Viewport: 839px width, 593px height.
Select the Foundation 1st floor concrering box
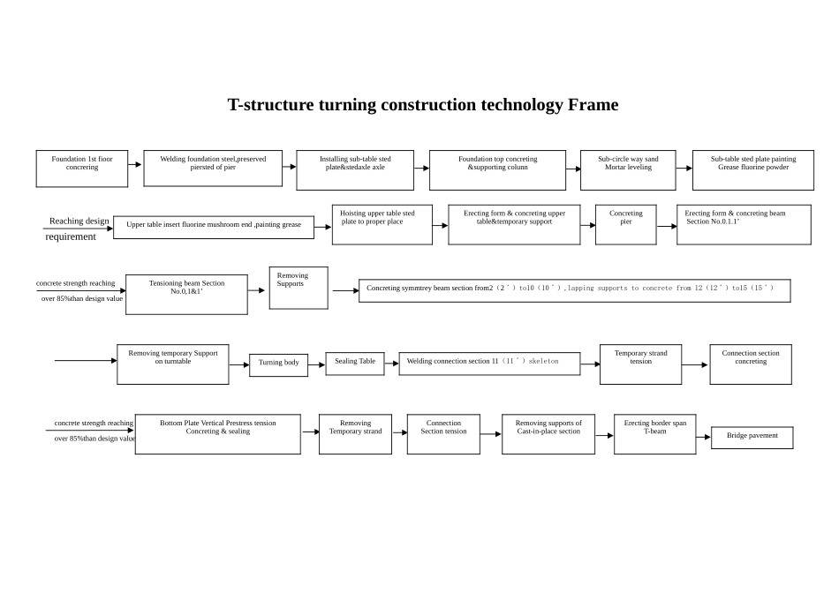(x=82, y=169)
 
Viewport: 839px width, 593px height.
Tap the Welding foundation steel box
(x=213, y=168)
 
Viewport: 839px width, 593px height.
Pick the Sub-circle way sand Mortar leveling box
(x=628, y=169)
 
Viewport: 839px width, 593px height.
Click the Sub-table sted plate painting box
(x=752, y=169)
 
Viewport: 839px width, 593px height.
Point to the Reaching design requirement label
(x=79, y=229)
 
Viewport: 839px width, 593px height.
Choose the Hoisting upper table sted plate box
(x=382, y=224)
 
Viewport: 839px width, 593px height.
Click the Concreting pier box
(x=625, y=224)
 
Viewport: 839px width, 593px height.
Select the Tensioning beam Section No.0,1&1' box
(x=186, y=294)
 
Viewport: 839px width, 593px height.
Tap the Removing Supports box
(x=299, y=288)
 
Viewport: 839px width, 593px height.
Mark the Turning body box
(x=278, y=364)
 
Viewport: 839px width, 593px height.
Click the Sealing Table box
(x=354, y=364)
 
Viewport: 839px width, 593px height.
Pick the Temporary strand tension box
(x=640, y=364)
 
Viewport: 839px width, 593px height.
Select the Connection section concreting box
(x=750, y=364)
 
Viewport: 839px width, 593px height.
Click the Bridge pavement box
(x=752, y=438)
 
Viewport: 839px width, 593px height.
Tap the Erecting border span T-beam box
(x=654, y=434)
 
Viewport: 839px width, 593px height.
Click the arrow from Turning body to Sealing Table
(x=316, y=364)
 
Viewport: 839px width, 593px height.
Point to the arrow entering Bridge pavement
(x=703, y=437)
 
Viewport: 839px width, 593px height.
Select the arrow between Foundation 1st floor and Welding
(x=135, y=164)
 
